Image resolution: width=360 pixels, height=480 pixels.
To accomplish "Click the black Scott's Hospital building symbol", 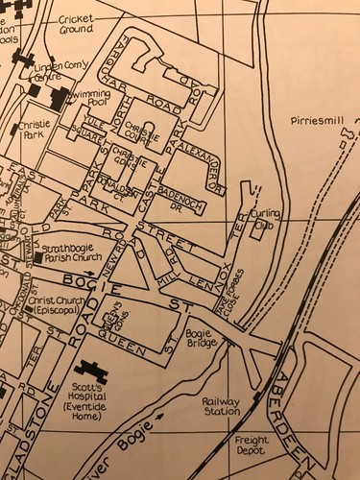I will (93, 370).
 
